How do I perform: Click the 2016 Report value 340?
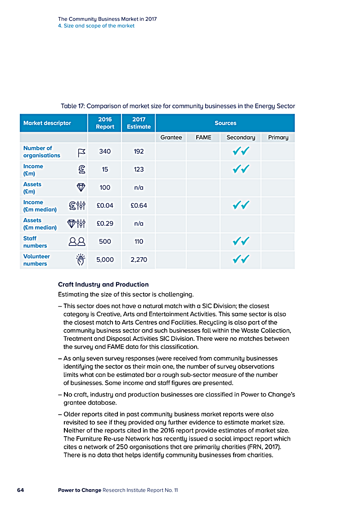(x=105, y=152)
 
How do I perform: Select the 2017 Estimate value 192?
(x=139, y=152)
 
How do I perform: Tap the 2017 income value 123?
(x=139, y=170)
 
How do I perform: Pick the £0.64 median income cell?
(x=139, y=205)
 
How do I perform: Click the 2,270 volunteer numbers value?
(x=139, y=259)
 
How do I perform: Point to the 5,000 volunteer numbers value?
(x=105, y=259)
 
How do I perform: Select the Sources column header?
(x=225, y=123)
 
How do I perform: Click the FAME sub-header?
(x=203, y=137)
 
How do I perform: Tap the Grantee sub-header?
(x=171, y=137)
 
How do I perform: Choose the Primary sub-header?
(x=278, y=137)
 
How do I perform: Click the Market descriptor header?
(x=47, y=123)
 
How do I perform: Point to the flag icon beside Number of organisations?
(x=81, y=152)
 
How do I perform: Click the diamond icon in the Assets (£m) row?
(x=81, y=188)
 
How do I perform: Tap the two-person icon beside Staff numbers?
(x=77, y=242)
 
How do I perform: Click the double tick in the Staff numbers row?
(x=241, y=242)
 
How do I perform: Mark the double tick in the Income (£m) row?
(x=241, y=170)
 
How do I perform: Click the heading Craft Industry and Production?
(x=103, y=285)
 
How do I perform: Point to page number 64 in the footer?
(x=20, y=490)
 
